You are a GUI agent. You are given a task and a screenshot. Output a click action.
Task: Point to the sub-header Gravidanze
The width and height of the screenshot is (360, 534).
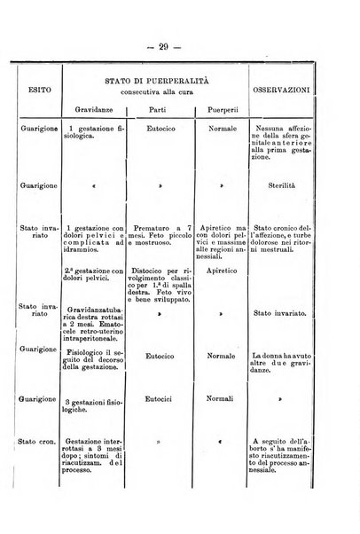[x=92, y=111]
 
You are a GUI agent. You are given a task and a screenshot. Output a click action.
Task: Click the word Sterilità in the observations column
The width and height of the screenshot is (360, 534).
[x=290, y=187]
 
